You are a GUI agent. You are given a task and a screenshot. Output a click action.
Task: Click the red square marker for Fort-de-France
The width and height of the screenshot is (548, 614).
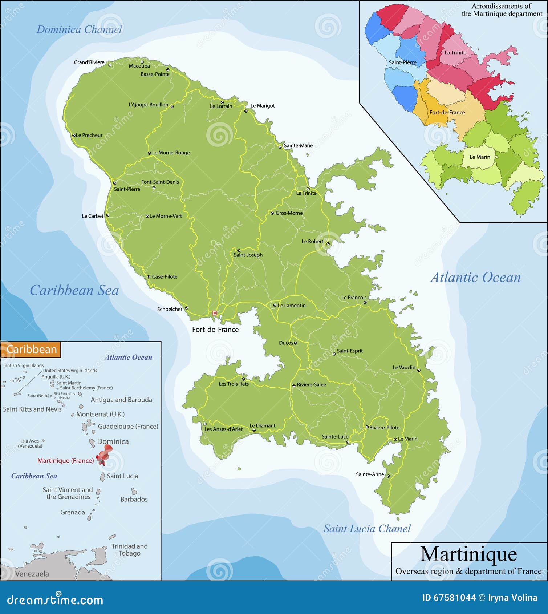[x=214, y=313]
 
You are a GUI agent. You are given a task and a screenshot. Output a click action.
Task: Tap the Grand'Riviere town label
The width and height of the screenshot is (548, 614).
[x=89, y=62]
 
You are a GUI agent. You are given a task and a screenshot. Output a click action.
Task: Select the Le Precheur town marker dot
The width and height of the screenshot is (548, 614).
[x=74, y=135]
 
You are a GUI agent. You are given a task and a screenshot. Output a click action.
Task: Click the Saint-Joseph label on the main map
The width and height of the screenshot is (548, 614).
[x=248, y=255]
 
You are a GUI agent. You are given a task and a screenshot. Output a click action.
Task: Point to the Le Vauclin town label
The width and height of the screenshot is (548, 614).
[x=404, y=368]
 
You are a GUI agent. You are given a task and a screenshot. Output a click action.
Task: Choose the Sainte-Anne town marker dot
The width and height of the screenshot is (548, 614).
[x=388, y=476]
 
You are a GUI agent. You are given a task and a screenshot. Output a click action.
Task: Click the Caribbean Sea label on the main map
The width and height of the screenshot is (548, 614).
[x=74, y=290]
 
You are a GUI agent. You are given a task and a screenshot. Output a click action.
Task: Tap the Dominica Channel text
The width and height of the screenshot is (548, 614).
[x=79, y=30]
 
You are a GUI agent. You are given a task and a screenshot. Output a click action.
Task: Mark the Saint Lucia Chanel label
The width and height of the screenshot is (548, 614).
[x=367, y=529]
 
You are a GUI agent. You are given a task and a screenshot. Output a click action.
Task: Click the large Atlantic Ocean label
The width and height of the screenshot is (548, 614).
[x=475, y=278]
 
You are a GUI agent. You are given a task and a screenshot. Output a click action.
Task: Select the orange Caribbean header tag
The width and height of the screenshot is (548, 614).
[x=32, y=350]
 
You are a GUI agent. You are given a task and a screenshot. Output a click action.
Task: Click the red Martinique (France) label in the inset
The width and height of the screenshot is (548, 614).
[x=66, y=461]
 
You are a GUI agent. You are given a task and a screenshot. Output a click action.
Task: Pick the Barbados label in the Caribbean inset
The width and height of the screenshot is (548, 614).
[x=134, y=500]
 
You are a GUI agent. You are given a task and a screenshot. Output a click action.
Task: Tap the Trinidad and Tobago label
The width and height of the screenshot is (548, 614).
[x=129, y=550]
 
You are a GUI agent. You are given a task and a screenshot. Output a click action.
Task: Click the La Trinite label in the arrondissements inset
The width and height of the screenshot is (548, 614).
[x=455, y=53]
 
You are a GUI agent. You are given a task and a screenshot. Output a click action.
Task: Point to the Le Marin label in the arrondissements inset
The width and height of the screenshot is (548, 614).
[x=480, y=157]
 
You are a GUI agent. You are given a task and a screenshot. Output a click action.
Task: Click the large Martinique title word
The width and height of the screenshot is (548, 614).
[x=468, y=554]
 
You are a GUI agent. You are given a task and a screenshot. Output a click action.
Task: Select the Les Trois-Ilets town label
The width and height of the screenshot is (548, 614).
[x=234, y=384]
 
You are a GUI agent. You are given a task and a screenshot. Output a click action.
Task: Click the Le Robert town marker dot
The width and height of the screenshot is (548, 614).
[x=328, y=244]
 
